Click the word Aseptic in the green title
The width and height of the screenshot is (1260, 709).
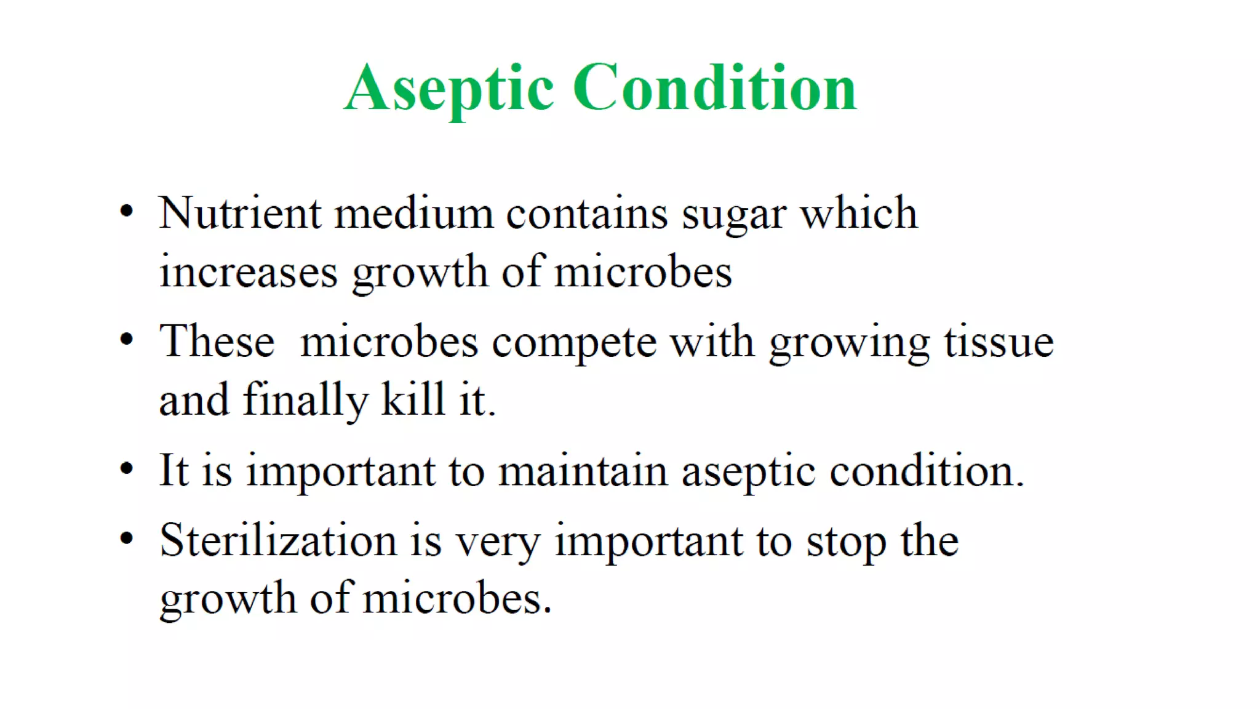[449, 89]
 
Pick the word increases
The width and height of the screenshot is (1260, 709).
[249, 272]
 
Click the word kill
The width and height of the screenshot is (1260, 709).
[412, 400]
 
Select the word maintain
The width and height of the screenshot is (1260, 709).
[582, 471]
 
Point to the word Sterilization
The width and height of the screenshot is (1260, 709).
[278, 540]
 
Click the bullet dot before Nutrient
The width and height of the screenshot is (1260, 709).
[127, 212]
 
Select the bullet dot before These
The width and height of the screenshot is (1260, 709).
[127, 340]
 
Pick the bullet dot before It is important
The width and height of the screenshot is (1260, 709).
[127, 469]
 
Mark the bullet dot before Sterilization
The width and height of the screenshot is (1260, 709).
[127, 539]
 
